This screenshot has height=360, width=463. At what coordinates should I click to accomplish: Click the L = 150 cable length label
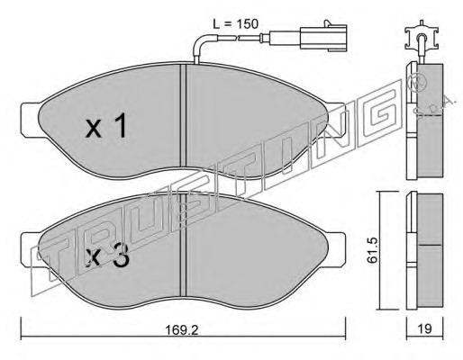pyautogui.click(x=236, y=23)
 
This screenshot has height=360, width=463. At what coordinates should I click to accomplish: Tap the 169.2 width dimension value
pyautogui.click(x=182, y=330)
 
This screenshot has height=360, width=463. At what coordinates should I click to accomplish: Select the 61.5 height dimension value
pyautogui.click(x=373, y=250)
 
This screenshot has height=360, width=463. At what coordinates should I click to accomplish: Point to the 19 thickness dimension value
pyautogui.click(x=424, y=328)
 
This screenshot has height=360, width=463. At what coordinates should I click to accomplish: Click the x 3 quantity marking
pyautogui.click(x=107, y=256)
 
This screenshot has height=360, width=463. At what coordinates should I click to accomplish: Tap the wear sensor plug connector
pyautogui.click(x=323, y=36)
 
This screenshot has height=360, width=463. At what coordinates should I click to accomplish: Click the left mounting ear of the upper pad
pyautogui.click(x=31, y=120)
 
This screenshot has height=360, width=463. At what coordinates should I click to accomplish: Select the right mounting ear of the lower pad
pyautogui.click(x=336, y=250)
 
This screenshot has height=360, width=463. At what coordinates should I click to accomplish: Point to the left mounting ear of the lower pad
pyautogui.click(x=30, y=250)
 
